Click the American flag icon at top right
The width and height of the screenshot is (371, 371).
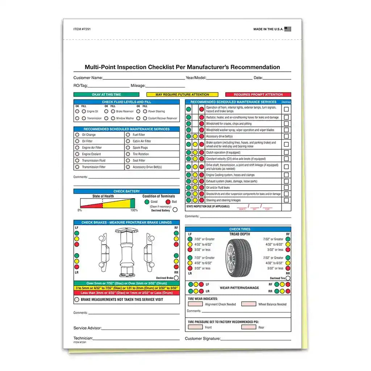[288, 29]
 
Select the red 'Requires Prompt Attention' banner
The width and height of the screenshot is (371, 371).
[258, 95]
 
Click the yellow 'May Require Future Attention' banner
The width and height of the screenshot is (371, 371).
[182, 95]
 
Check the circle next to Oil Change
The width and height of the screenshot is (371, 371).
[77, 135]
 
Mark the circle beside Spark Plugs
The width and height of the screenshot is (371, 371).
[128, 148]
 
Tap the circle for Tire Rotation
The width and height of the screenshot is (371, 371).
[128, 154]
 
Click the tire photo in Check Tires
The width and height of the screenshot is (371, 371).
[239, 254]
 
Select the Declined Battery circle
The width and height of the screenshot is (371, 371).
[175, 209]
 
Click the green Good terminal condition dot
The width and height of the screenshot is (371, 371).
[147, 202]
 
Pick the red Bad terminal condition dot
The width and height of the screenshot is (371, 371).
[168, 202]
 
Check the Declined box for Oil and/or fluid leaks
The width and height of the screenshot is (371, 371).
[286, 188]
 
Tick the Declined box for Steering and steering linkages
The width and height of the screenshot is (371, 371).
[286, 200]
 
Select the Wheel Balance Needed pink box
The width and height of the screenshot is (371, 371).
[249, 304]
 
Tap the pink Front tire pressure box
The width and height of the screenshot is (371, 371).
[195, 327]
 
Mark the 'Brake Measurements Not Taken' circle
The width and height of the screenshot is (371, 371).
[77, 300]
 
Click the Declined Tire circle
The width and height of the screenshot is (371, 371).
[288, 278]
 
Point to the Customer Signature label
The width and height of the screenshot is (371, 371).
[203, 339]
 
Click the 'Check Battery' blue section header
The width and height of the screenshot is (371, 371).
[126, 191]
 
